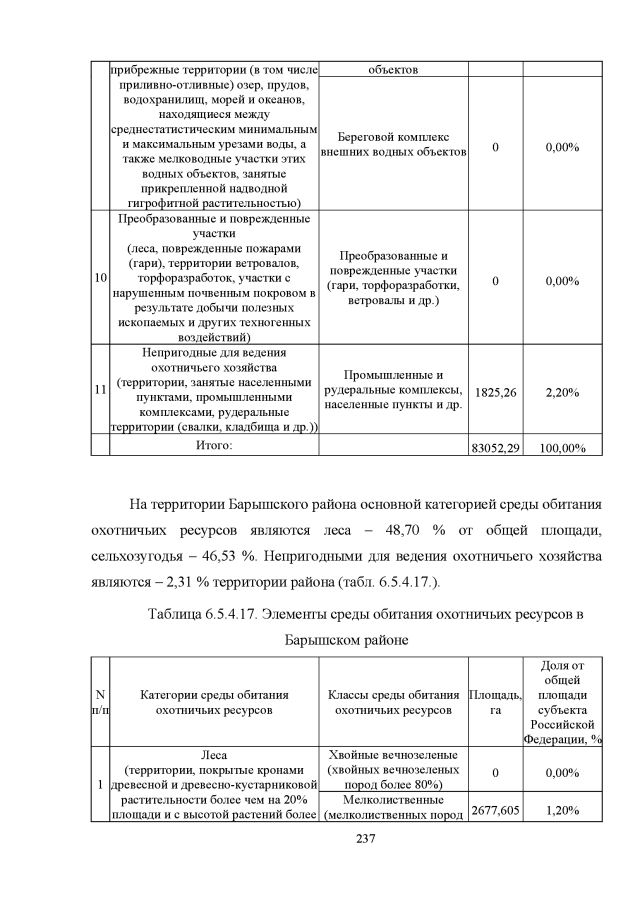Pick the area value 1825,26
495,392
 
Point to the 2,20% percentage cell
561,392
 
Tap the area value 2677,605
495,810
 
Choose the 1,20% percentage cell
561,810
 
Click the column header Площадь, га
495,701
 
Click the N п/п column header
100,701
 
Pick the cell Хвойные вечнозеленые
393,754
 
